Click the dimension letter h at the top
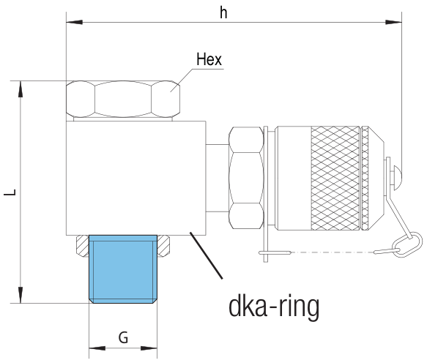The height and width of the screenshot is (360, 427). pyautogui.click(x=223, y=13)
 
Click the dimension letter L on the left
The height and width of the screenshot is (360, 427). pyautogui.click(x=10, y=192)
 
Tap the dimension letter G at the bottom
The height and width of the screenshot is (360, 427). pyautogui.click(x=123, y=338)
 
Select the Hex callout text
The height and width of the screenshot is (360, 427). pyautogui.click(x=209, y=59)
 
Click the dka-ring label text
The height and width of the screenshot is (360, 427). pyautogui.click(x=274, y=307)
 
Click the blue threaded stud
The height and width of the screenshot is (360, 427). pyautogui.click(x=123, y=269)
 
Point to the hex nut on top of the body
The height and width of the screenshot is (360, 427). pyautogui.click(x=123, y=99)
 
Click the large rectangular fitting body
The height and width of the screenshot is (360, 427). pyautogui.click(x=136, y=178)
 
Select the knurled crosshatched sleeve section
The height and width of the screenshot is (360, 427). pyautogui.click(x=335, y=178)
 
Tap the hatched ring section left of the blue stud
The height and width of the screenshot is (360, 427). pyautogui.click(x=83, y=246)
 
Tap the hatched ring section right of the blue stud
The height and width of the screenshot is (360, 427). pyautogui.click(x=163, y=246)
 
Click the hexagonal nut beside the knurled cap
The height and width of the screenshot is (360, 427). pyautogui.click(x=246, y=178)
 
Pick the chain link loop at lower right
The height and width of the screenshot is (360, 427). pyautogui.click(x=409, y=244)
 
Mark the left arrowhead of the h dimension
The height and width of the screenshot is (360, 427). pyautogui.click(x=75, y=22)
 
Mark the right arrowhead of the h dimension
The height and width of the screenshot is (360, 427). pyautogui.click(x=393, y=22)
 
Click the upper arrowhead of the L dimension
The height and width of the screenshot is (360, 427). pyautogui.click(x=21, y=89)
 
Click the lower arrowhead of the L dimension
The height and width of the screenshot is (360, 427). pyautogui.click(x=21, y=295)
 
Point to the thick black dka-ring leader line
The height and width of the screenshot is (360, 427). pyautogui.click(x=206, y=255)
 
